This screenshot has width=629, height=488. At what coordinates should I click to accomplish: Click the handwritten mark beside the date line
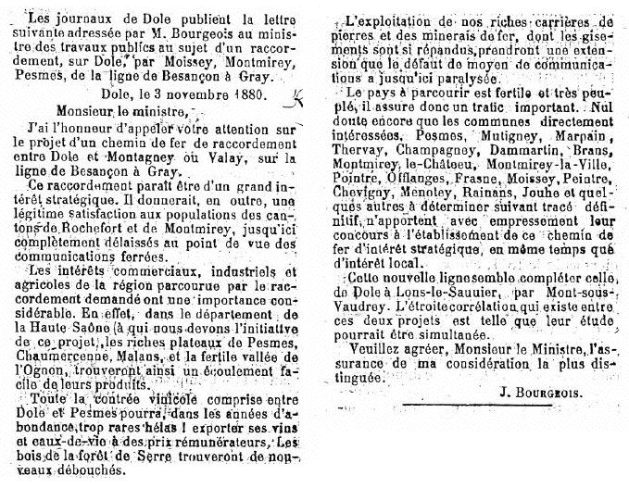[x=296, y=95]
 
